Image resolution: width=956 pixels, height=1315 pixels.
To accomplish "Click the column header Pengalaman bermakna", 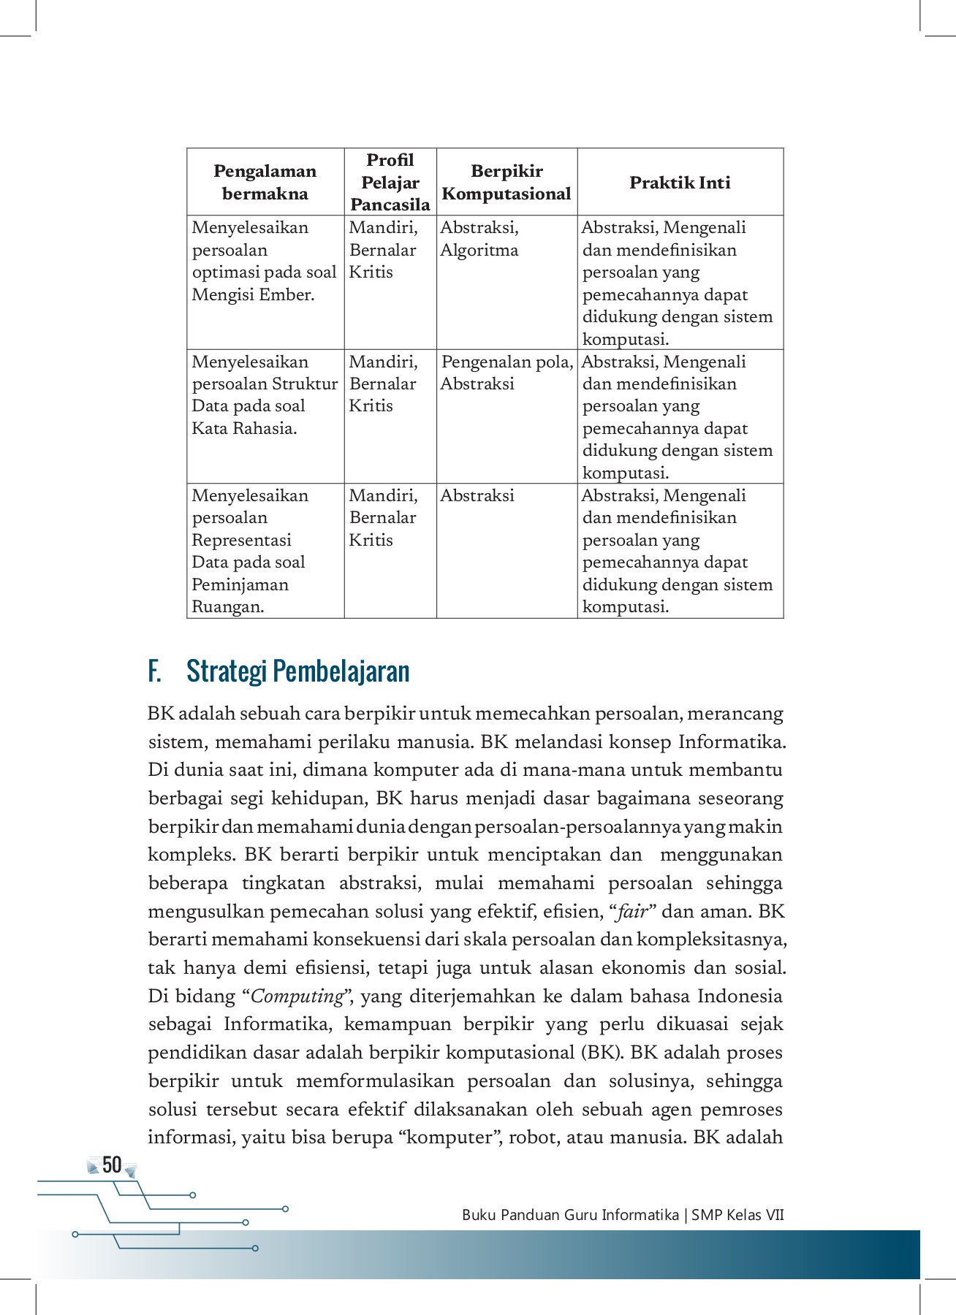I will (265, 182).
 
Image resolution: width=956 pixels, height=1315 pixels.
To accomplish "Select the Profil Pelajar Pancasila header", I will (390, 182).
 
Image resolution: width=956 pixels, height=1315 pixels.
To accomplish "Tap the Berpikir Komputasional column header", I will (507, 182).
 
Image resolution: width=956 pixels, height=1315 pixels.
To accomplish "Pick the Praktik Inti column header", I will (680, 183).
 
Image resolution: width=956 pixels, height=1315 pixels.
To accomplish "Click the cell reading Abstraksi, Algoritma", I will (479, 239).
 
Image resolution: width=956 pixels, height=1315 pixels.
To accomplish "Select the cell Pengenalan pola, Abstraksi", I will (507, 373).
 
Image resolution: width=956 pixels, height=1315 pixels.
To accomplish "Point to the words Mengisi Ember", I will (253, 294).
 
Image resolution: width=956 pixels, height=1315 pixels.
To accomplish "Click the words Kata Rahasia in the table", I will (244, 428).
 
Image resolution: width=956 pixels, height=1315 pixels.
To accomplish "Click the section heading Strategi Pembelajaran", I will (297, 671).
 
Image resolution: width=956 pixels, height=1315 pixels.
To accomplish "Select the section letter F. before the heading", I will (154, 671).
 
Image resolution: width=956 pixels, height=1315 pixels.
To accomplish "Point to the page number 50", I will (112, 1165).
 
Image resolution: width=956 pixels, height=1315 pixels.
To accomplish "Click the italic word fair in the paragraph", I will (633, 912).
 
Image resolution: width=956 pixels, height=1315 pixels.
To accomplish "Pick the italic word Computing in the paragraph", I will (297, 996).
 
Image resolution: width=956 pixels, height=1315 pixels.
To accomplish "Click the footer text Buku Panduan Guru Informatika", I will (570, 1215).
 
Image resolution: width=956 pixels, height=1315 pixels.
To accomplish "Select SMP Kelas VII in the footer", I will (737, 1215).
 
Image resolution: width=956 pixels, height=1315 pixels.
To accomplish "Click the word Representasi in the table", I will (241, 540).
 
